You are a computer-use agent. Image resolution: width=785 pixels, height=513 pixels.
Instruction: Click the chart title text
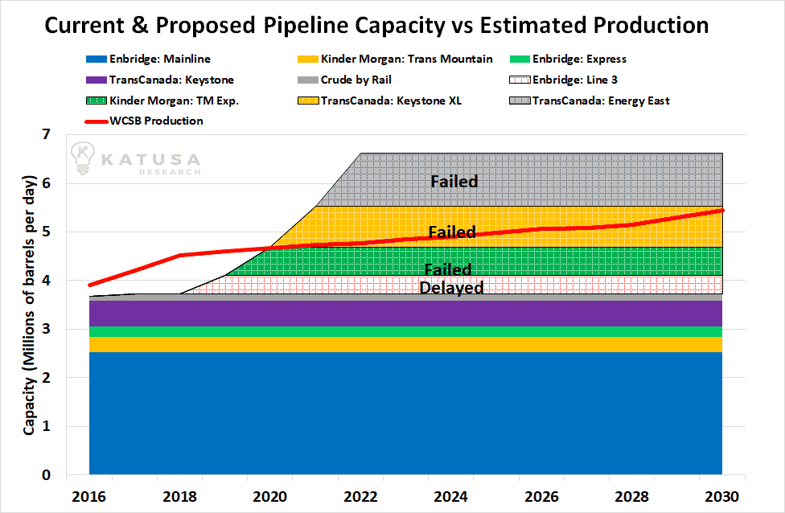(x=376, y=25)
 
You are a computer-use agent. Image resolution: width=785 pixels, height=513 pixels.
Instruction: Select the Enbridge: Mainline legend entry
(x=148, y=59)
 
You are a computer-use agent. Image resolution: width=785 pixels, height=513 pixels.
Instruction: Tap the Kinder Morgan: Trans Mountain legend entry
(x=395, y=59)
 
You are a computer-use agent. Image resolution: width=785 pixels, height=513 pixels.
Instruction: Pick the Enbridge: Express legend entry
(x=568, y=59)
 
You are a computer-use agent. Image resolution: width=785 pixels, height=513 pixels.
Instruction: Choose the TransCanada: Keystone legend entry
(x=160, y=80)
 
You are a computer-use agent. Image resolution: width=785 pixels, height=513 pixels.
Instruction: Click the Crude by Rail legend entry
(x=344, y=80)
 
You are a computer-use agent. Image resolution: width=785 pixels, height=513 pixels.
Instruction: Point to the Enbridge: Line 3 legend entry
(x=563, y=80)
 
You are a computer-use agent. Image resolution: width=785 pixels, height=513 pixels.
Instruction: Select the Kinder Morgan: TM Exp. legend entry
(x=162, y=101)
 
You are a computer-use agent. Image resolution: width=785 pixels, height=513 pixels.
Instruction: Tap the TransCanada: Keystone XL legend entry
(x=380, y=101)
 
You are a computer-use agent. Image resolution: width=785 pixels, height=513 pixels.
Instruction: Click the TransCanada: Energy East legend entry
(x=590, y=101)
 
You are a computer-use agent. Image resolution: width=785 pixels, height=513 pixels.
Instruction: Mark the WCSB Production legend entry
(x=144, y=121)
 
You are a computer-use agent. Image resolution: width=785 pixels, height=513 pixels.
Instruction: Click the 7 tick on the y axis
(x=47, y=134)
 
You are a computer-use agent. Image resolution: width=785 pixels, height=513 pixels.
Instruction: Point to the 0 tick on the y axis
(x=47, y=475)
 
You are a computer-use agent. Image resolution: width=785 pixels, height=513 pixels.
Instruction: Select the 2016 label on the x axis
(x=89, y=496)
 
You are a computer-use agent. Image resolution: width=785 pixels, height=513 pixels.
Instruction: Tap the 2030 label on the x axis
(x=722, y=496)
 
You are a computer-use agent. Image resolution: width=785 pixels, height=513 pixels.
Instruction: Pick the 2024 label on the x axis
(x=450, y=496)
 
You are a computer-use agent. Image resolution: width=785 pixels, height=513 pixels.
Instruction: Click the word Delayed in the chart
(x=451, y=288)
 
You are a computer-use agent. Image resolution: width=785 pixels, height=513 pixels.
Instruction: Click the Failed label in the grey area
(x=454, y=181)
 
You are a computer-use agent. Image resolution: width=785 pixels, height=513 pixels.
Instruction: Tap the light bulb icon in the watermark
(x=83, y=158)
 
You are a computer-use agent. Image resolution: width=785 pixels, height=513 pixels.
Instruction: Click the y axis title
(x=29, y=306)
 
